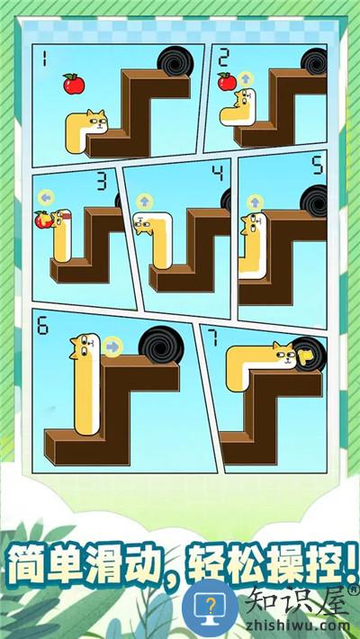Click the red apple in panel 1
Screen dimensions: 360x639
[74, 84]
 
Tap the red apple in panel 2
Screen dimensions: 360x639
[227, 82]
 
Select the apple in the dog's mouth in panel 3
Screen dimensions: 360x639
[42, 220]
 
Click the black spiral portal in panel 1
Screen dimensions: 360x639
[175, 60]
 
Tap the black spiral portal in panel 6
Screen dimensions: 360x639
[160, 346]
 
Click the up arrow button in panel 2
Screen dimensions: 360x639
[246, 78]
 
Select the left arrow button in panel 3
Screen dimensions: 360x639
[46, 198]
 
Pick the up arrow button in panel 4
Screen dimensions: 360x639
[144, 202]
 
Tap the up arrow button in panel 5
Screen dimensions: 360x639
[255, 202]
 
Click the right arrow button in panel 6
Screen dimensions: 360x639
[112, 346]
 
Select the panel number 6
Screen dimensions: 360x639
[43, 327]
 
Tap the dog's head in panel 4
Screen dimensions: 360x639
[144, 224]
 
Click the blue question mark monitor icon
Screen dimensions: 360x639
[210, 607]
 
